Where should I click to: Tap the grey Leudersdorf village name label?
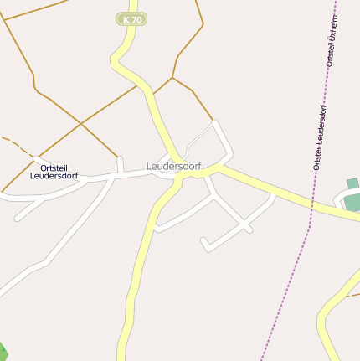point(173,166)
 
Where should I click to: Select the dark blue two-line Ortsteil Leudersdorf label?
point(54,172)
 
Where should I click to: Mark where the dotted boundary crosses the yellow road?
point(311,204)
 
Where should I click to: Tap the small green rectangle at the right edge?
point(352,183)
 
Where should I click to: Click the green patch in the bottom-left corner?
point(3,352)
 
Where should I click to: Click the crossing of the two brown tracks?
point(80,124)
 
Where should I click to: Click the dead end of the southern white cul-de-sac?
point(203,242)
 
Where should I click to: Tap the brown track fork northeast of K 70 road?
point(172,78)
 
